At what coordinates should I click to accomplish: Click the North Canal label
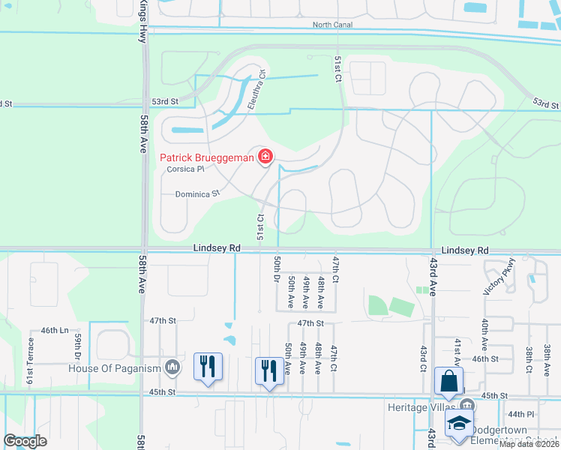coord(331,25)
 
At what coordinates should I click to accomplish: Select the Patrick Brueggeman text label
coord(206,157)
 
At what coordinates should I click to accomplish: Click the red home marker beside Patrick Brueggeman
coord(265,157)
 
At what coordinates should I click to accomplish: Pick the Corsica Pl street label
coord(186,169)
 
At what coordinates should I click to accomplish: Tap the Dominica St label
coord(196,193)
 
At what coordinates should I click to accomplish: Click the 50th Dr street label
coord(277,269)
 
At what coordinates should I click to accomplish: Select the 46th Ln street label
coord(54,330)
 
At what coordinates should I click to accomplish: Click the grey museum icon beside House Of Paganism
coord(172,367)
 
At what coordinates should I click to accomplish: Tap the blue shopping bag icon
coord(448,382)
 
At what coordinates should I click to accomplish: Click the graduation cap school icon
coord(458,424)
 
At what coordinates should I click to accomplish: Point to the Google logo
coord(25,441)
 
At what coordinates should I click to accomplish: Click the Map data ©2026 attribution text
coord(529,444)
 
